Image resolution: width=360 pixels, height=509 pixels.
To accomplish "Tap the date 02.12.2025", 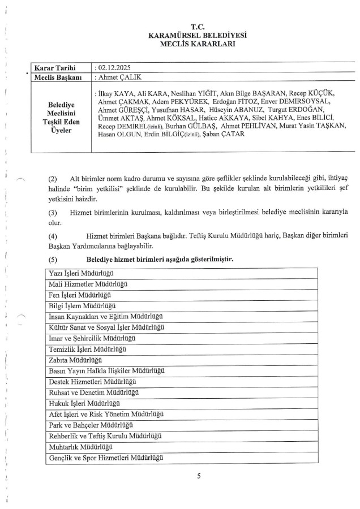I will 116,67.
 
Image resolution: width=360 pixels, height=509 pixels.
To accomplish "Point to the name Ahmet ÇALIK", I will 121,76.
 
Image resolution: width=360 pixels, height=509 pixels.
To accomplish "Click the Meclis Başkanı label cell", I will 59,76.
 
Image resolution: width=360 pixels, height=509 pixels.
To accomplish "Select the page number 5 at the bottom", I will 199,476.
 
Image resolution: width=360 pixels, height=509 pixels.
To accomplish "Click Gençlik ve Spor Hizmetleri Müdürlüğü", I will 106,456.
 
